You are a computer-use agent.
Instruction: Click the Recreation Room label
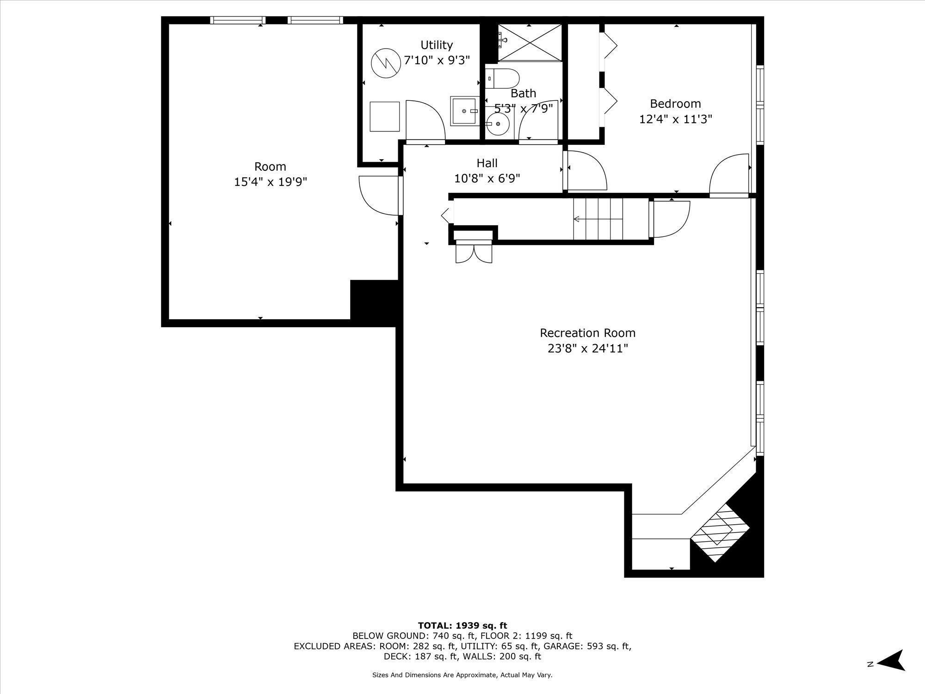(587, 333)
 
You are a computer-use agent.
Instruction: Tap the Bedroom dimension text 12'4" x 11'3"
(675, 119)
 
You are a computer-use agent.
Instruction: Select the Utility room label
(437, 45)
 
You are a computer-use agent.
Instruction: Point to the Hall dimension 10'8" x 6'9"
(487, 179)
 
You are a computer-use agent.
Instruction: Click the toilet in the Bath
(502, 79)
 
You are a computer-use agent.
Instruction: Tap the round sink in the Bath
(498, 124)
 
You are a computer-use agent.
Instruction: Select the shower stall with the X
(530, 43)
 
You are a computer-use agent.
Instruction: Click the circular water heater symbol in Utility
(386, 63)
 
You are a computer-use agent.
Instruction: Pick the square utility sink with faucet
(465, 111)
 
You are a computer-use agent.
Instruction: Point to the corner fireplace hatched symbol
(724, 532)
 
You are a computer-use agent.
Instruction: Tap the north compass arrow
(891, 663)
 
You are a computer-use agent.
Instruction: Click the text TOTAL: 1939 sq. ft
(462, 626)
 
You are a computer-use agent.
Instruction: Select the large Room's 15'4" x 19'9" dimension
(271, 182)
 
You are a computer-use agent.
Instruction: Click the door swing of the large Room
(379, 195)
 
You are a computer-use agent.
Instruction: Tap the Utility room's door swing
(425, 119)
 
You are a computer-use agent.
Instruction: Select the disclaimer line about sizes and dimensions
(462, 675)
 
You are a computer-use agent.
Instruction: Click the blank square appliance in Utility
(385, 117)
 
